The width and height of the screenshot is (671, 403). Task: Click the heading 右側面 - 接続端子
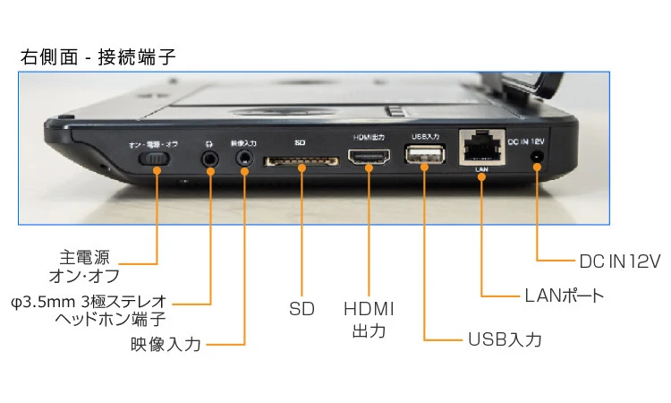click(98, 57)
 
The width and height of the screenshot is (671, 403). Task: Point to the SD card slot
click(300, 161)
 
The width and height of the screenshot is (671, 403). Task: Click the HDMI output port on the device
click(368, 159)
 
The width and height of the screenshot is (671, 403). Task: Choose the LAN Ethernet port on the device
click(481, 149)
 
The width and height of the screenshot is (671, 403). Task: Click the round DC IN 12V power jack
click(537, 158)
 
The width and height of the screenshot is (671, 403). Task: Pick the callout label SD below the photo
click(302, 309)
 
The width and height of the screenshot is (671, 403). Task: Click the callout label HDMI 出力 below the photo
click(369, 319)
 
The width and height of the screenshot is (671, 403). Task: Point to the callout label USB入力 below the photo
click(505, 339)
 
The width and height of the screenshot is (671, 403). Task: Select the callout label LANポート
click(564, 296)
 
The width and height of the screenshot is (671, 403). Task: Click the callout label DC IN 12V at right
click(619, 261)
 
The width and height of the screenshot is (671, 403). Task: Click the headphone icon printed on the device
click(209, 141)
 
